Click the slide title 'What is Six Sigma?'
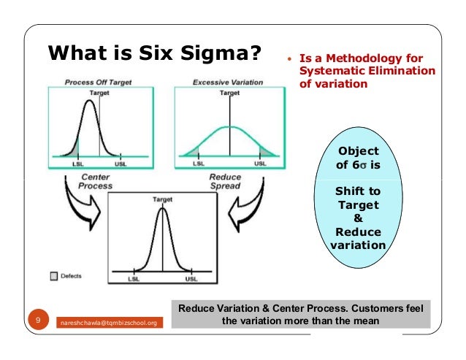pyautogui.click(x=154, y=53)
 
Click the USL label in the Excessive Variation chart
pyautogui.click(x=260, y=164)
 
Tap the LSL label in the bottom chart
pyautogui.click(x=134, y=279)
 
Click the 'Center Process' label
pyautogui.click(x=96, y=182)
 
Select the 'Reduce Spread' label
pyautogui.click(x=225, y=182)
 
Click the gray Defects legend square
pyautogui.click(x=53, y=276)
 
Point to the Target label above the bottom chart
pyautogui.click(x=161, y=199)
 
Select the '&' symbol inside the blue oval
pyautogui.click(x=357, y=218)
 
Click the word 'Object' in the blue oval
pyautogui.click(x=357, y=151)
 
